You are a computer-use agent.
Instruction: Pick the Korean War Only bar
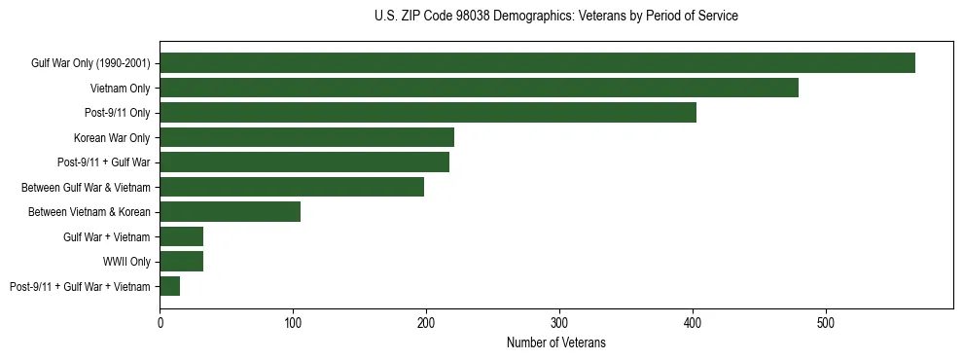[x=306, y=137]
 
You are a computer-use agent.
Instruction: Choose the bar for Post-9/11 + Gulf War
[x=304, y=162]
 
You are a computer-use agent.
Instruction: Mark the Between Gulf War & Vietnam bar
[x=292, y=187]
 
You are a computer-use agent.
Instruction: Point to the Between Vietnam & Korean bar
[x=231, y=211]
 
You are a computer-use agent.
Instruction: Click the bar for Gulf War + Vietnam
[x=182, y=236]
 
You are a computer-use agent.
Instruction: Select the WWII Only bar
[x=182, y=261]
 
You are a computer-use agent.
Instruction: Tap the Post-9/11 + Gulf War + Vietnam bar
[x=170, y=286]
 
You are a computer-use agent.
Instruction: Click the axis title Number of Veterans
[x=555, y=342]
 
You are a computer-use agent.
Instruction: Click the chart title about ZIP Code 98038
[x=555, y=17]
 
